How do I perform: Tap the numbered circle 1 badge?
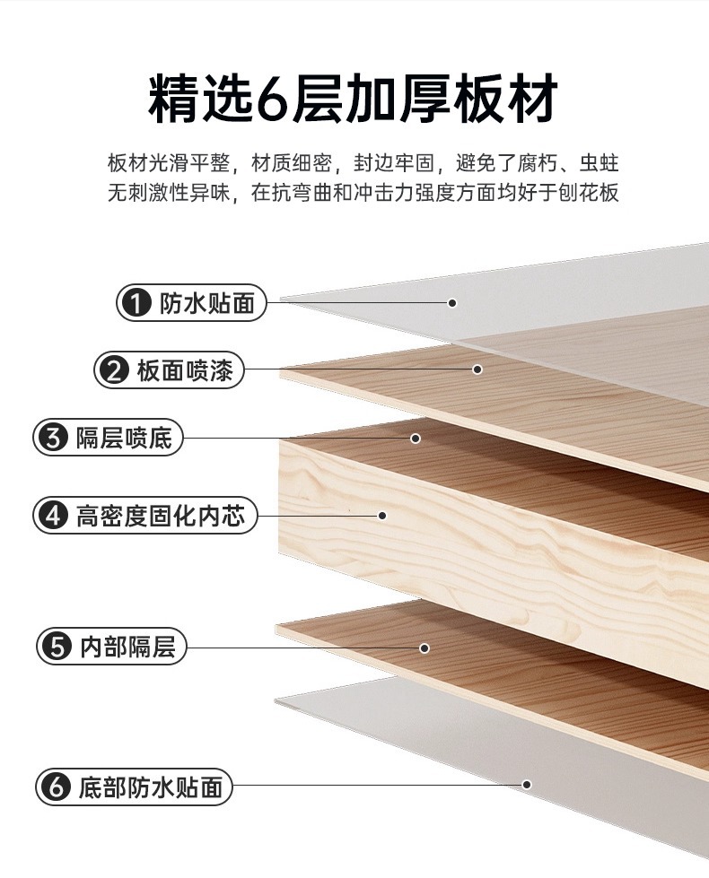point(137,303)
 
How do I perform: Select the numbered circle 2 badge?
point(114,370)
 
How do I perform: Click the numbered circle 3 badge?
point(53,438)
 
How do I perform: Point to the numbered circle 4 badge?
point(53,515)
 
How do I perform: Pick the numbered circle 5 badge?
point(57,647)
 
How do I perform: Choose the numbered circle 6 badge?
point(57,787)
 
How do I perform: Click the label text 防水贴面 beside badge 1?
point(206,303)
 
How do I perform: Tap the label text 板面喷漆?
point(184,370)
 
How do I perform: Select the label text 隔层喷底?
point(124,438)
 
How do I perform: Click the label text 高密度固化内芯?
point(161,515)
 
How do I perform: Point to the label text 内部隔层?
point(127,647)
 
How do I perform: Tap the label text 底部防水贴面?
point(150,787)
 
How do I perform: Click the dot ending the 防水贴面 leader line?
point(452,303)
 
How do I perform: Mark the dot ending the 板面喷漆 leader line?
point(477,369)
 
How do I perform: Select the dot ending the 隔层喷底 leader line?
point(416,438)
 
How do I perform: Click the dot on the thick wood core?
point(383,515)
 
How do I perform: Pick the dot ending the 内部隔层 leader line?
point(425,648)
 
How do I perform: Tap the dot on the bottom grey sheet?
point(527,785)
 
